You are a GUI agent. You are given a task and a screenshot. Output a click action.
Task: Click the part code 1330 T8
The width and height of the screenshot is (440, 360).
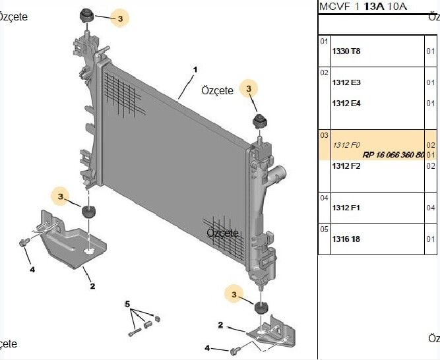pyautogui.click(x=346, y=51)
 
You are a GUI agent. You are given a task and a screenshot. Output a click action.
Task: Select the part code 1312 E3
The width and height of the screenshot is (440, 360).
pyautogui.click(x=346, y=83)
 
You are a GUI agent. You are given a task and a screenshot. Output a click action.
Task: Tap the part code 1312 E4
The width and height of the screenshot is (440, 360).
pyautogui.click(x=346, y=104)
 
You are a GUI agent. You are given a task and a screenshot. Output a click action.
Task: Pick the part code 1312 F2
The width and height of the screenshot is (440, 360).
pyautogui.click(x=346, y=165)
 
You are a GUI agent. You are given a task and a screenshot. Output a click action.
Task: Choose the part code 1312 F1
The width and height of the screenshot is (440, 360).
pyautogui.click(x=346, y=208)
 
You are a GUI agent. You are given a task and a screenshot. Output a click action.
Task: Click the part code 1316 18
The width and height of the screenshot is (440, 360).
pyautogui.click(x=346, y=239)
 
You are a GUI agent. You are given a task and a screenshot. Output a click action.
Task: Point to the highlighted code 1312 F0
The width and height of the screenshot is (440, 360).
pyautogui.click(x=346, y=144)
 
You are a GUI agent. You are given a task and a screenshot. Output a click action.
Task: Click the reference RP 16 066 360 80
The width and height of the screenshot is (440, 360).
pyautogui.click(x=393, y=155)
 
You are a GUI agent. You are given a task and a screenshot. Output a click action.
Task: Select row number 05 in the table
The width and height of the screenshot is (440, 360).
pyautogui.click(x=324, y=229)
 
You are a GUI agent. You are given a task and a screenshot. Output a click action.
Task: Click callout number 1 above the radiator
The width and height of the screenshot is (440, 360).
pyautogui.click(x=195, y=69)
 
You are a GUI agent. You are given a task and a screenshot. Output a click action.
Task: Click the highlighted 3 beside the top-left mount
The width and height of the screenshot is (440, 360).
pyautogui.click(x=120, y=20)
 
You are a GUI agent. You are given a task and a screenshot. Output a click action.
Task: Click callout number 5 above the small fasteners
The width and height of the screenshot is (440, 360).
pyautogui.click(x=127, y=303)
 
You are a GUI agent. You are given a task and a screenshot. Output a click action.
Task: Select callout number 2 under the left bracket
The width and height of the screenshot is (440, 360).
pyautogui.click(x=93, y=285)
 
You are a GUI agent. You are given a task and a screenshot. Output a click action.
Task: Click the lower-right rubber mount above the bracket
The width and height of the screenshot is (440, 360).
pyautogui.click(x=261, y=309)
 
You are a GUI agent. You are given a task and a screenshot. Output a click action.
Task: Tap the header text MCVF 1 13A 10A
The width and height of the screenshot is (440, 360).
pyautogui.click(x=362, y=7)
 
